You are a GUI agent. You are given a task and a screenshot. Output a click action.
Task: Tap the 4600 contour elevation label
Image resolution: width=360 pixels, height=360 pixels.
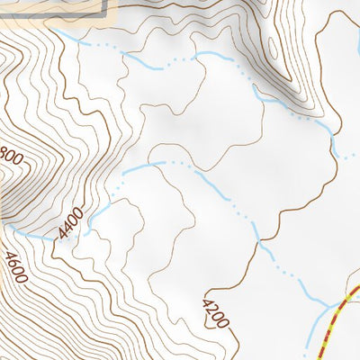(x=15, y=267)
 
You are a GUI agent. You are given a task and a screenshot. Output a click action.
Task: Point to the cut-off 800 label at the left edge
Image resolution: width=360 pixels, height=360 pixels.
(x=10, y=156)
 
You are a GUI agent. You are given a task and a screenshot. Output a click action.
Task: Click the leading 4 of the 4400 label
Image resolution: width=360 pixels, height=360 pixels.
(x=62, y=235)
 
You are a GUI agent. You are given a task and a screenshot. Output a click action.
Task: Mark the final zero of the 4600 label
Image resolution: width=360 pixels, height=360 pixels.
(x=22, y=278)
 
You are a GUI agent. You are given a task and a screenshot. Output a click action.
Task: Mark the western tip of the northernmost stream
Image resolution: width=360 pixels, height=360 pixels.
(x=56, y=30)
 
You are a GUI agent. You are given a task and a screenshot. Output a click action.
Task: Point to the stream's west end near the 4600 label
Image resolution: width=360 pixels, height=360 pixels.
(x=13, y=230)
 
